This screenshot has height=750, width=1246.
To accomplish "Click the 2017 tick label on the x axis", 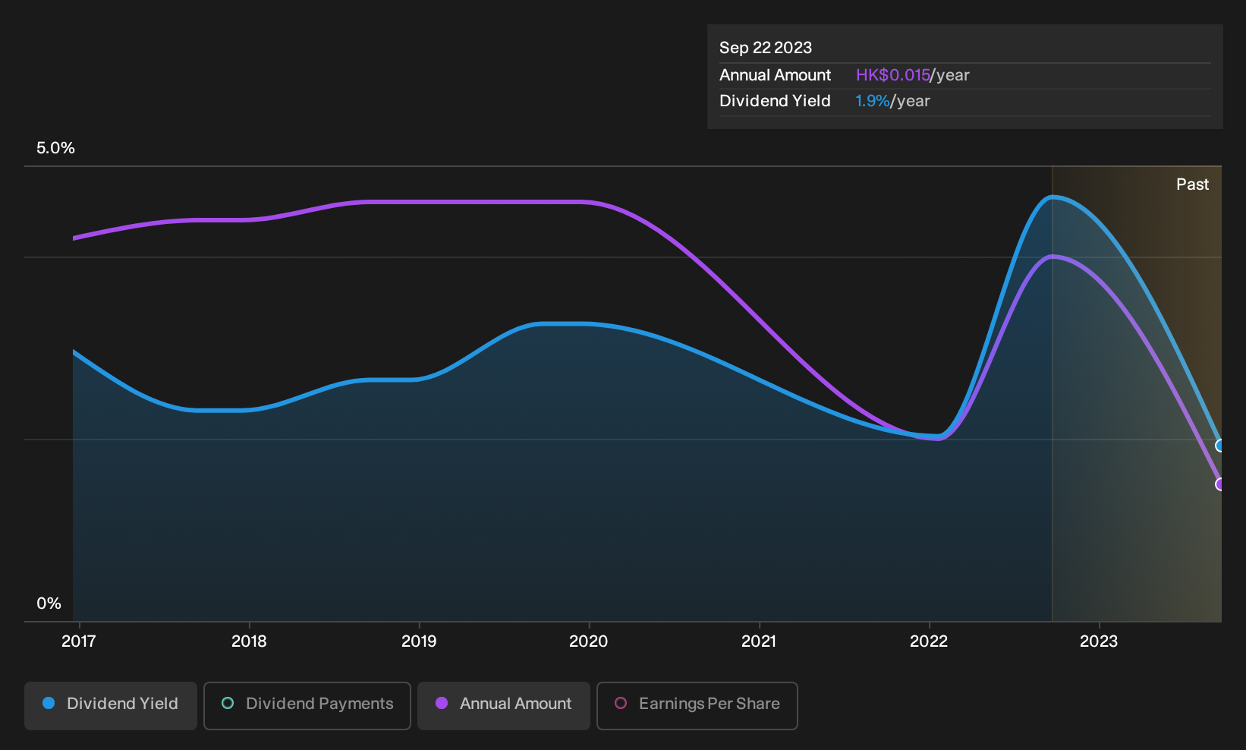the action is point(78,641).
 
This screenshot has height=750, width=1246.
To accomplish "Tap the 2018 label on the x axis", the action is point(249,641).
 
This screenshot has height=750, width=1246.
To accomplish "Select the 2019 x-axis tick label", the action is point(419,641).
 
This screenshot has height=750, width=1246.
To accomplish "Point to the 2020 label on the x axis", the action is point(589,641).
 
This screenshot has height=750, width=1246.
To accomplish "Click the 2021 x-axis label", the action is point(759,641).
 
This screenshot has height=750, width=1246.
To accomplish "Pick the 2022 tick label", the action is point(928,641).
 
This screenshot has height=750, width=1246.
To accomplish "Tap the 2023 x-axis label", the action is point(1099,641).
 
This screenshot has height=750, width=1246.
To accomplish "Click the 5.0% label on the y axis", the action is point(55,148).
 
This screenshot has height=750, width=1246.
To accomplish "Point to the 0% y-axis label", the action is point(49,603).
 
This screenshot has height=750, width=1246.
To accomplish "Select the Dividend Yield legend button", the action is point(111,705).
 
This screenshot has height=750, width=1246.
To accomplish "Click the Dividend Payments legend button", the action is point(307,705).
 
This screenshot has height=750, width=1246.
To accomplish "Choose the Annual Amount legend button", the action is point(503,705).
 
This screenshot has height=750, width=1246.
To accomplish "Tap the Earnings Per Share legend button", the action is point(697,705).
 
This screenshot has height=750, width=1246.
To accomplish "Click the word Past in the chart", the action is point(1192,184).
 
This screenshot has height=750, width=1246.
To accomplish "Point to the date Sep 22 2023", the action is point(766,48).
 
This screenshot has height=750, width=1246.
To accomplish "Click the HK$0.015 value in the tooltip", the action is point(893,75).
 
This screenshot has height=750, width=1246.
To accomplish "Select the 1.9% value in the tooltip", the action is point(872,101).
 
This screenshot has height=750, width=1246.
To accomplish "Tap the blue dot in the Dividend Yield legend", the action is point(49,703).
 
